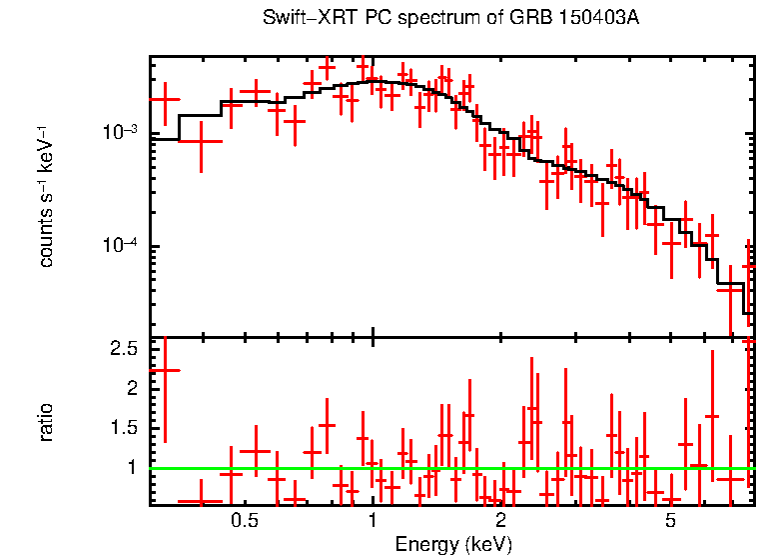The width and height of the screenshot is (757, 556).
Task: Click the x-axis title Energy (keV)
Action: [x=453, y=545]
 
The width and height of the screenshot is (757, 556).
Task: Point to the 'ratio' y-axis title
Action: [x=46, y=422]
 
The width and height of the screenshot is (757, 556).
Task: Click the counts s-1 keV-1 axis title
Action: [x=46, y=196]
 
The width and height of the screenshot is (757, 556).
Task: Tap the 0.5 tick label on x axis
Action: [x=245, y=521]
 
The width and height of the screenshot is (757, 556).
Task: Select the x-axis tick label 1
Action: [x=373, y=521]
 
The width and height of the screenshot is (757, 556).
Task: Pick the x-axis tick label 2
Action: [x=500, y=521]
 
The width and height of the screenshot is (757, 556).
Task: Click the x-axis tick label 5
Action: [x=670, y=521]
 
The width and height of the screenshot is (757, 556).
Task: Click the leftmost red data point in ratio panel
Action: [x=165, y=370]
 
